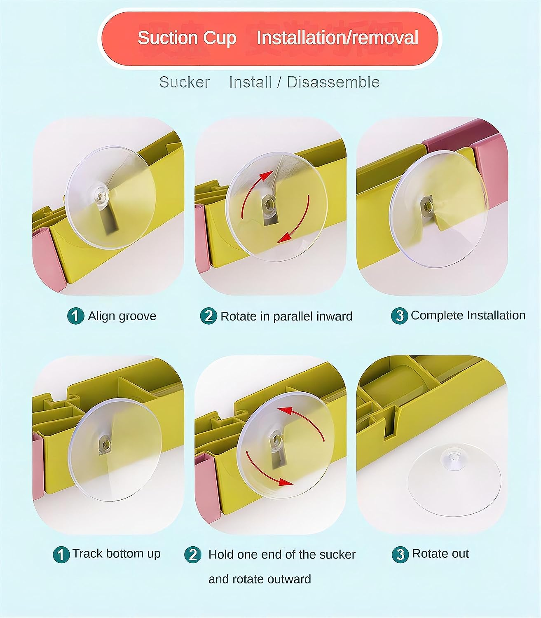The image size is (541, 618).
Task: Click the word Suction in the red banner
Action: [x=168, y=38]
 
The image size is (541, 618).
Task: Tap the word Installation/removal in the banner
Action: [x=337, y=38]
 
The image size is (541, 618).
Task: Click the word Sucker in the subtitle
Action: [x=184, y=82]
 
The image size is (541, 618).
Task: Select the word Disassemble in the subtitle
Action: [x=333, y=82]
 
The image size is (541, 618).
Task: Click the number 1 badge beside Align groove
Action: [x=75, y=316]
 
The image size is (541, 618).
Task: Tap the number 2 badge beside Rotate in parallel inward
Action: [x=208, y=316]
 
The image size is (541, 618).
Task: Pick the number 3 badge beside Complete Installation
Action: [x=399, y=316]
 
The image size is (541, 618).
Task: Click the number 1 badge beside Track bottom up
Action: [x=61, y=555]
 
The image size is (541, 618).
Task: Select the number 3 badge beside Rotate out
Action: [x=400, y=555]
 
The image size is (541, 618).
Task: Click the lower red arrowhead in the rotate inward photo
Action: [x=285, y=238]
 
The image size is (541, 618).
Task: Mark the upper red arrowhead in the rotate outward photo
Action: [x=285, y=410]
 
